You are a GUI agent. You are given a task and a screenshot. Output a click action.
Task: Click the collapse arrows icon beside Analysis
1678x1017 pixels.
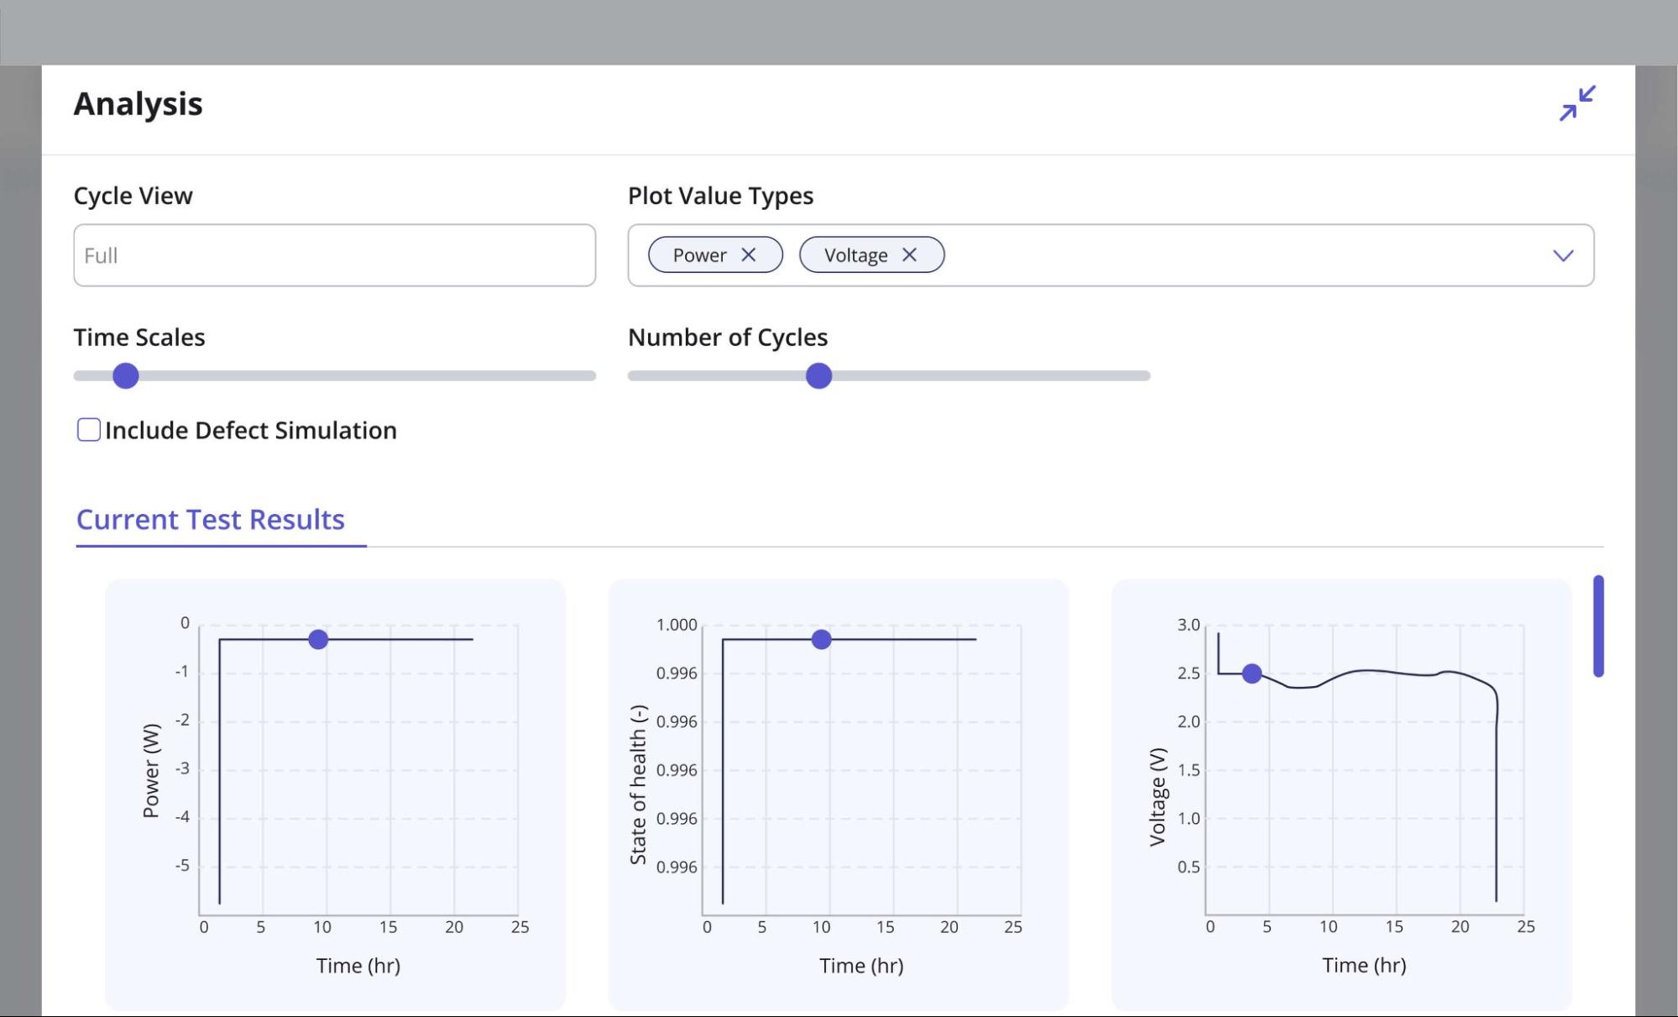pyautogui.click(x=1577, y=103)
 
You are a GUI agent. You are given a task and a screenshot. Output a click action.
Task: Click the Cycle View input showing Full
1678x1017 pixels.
pyautogui.click(x=334, y=255)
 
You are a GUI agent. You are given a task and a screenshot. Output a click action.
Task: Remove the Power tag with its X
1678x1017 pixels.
pyautogui.click(x=749, y=254)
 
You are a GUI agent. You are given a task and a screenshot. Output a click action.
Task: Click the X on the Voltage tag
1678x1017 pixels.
pyautogui.click(x=909, y=254)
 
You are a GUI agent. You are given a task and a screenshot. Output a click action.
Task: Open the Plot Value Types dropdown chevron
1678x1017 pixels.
pyautogui.click(x=1562, y=255)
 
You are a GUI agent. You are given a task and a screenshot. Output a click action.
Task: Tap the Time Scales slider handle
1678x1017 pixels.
pyautogui.click(x=126, y=375)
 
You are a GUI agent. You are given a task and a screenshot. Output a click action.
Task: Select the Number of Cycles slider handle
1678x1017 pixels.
pyautogui.click(x=818, y=375)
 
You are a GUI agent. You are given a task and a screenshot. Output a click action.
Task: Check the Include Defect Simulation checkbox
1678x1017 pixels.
pyautogui.click(x=89, y=430)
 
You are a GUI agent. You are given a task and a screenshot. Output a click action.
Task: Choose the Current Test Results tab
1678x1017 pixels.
pyautogui.click(x=211, y=520)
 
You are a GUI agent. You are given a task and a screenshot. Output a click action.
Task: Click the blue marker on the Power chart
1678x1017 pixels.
pyautogui.click(x=318, y=640)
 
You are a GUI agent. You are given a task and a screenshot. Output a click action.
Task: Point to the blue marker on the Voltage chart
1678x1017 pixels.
pyautogui.click(x=1252, y=674)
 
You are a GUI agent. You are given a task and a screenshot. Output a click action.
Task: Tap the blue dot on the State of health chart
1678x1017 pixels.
pyautogui.click(x=821, y=640)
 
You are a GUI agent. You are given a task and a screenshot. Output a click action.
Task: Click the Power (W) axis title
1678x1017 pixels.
pyautogui.click(x=151, y=770)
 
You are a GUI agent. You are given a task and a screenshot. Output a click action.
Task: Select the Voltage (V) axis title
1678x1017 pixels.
pyautogui.click(x=1158, y=796)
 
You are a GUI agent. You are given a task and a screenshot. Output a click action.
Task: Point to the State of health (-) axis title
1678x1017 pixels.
pyautogui.click(x=638, y=784)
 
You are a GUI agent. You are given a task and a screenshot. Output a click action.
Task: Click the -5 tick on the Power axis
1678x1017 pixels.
pyautogui.click(x=182, y=866)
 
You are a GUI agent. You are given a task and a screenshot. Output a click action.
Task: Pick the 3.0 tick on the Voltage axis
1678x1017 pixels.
pyautogui.click(x=1188, y=625)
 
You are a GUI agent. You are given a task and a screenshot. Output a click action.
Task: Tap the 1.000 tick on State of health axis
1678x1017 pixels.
pyautogui.click(x=677, y=625)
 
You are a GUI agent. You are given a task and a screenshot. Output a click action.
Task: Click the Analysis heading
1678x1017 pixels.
pyautogui.click(x=139, y=104)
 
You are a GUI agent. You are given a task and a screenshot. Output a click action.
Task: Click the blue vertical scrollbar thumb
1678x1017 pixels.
pyautogui.click(x=1598, y=626)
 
